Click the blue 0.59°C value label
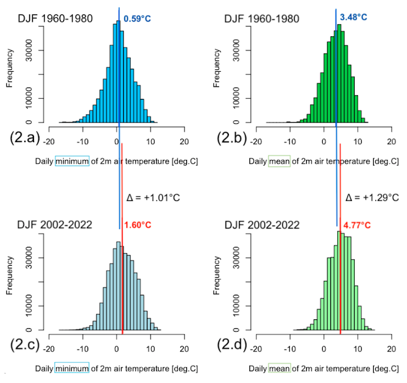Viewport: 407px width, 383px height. [138, 19]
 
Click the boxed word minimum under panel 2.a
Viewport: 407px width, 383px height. [71, 162]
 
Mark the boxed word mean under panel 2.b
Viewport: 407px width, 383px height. [279, 162]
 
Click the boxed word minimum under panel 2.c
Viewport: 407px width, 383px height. [71, 369]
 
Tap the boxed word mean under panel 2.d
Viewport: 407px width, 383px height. [279, 369]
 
